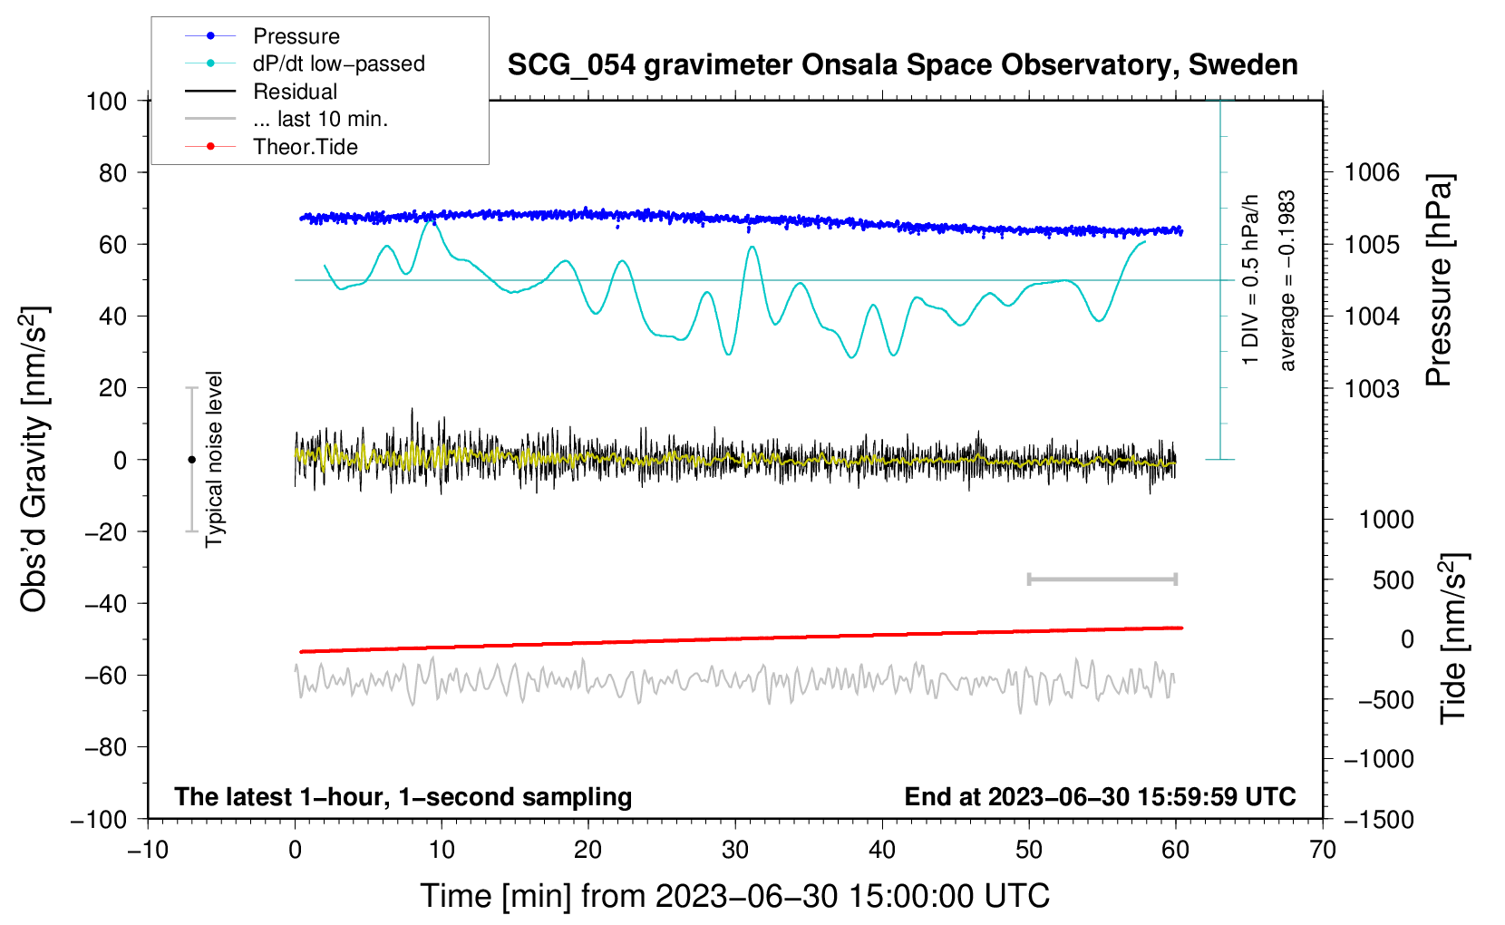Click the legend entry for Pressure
point(262,36)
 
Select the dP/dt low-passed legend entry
point(305,63)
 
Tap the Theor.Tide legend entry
point(271,147)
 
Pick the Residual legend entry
point(261,92)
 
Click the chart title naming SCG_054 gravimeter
point(902,65)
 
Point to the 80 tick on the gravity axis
point(112,173)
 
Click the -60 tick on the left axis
point(105,675)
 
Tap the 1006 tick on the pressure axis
point(1372,173)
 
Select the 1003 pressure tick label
point(1372,388)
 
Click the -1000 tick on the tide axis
point(1379,759)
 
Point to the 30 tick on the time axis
point(735,850)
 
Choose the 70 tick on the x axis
point(1322,850)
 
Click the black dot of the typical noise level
point(191,460)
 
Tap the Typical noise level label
point(214,460)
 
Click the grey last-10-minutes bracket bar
point(1102,579)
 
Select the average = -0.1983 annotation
point(1287,281)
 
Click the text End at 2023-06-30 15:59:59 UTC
point(1100,796)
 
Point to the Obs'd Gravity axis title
point(34,460)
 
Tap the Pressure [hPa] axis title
point(1439,280)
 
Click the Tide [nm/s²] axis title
point(1453,638)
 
